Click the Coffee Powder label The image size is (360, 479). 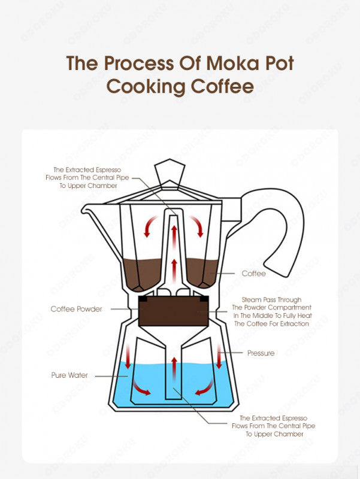click(x=76, y=309)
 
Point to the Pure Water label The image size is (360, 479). click(x=69, y=375)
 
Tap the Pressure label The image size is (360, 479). click(x=261, y=353)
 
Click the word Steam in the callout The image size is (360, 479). click(x=253, y=299)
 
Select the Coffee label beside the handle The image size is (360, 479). click(x=253, y=273)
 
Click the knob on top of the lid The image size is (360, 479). click(x=170, y=172)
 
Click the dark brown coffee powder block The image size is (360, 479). click(x=173, y=311)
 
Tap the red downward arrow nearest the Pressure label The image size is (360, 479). click(x=219, y=358)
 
